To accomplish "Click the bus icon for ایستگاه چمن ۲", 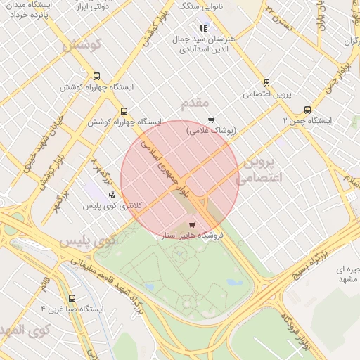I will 307,110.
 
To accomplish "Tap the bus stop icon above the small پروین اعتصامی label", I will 266,82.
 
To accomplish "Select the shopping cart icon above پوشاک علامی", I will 211,120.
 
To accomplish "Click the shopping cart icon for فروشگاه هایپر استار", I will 192,225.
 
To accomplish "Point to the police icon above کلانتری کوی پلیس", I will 112,194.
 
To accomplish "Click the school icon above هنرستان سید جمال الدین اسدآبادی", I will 204,28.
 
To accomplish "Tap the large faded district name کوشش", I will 82,44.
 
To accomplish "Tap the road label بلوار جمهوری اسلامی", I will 167,169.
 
